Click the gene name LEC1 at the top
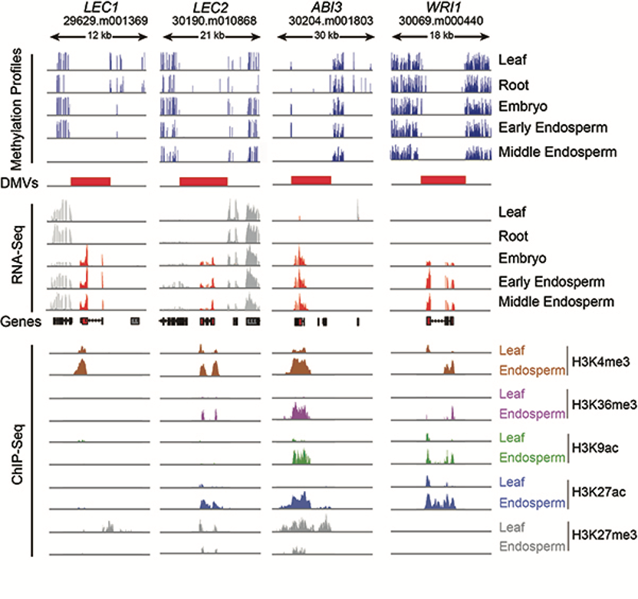[x=96, y=8]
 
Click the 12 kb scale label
[x=97, y=36]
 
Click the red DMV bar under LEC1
[x=90, y=181]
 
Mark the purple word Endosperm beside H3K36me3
[x=530, y=414]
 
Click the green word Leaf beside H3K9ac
[x=511, y=437]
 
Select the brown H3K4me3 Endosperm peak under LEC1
[x=81, y=367]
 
